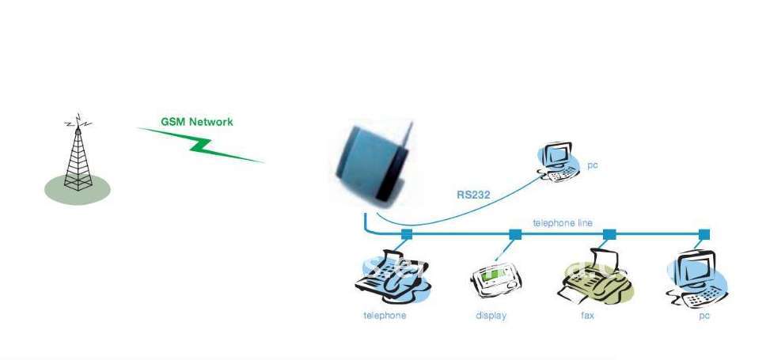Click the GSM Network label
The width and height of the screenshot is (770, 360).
coord(197,122)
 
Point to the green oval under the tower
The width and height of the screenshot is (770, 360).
coord(78,190)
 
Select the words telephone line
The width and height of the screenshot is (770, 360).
coord(563,223)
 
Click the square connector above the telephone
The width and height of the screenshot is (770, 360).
coord(407,234)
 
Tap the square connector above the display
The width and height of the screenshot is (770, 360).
coord(515,234)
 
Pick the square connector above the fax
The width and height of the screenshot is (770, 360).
coord(609,234)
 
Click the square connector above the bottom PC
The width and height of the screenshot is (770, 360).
coord(704,234)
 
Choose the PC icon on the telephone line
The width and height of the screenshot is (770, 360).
coord(696,279)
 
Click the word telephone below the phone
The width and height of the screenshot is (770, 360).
coord(385,316)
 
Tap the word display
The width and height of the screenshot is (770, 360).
coord(491,316)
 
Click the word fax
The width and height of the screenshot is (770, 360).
coord(587,316)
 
